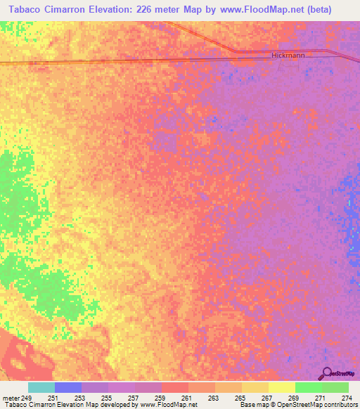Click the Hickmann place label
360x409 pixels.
(x=286, y=55)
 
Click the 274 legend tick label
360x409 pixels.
(x=346, y=398)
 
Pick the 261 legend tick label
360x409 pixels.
(x=186, y=398)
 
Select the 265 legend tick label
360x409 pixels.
(x=239, y=398)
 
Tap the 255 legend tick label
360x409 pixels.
(x=105, y=398)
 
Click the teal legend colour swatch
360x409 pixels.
(x=41, y=387)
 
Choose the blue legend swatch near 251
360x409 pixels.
(x=67, y=387)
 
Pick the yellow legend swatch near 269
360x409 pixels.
(x=281, y=387)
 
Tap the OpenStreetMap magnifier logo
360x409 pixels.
(x=327, y=374)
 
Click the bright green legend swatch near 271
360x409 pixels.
(x=308, y=387)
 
